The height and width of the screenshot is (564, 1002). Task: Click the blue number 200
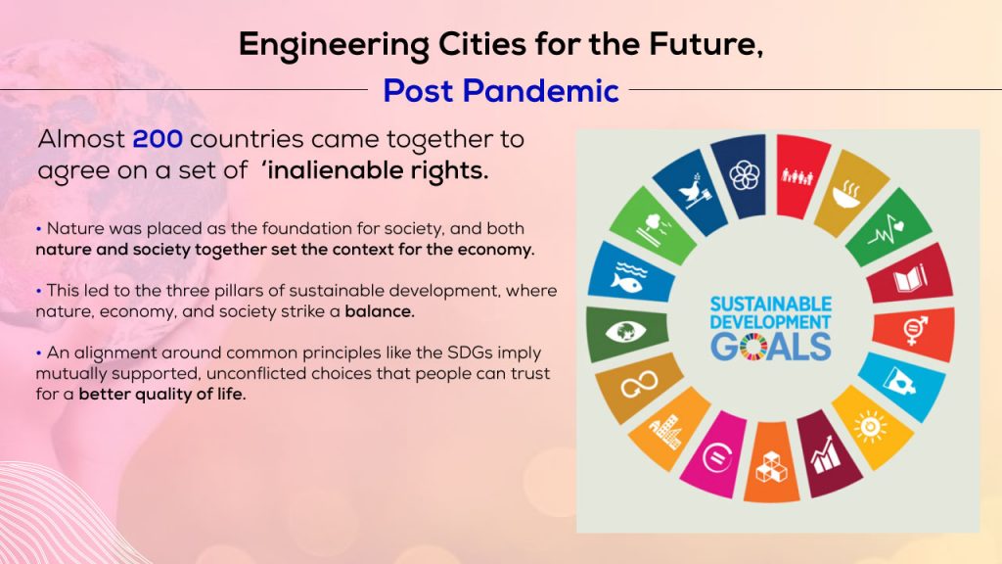[x=158, y=139]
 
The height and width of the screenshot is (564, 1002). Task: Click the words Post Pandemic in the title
[x=501, y=91]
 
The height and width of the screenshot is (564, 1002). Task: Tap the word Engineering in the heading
[x=334, y=45]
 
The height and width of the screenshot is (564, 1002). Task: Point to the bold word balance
[x=380, y=311]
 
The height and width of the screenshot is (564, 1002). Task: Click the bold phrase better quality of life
[x=162, y=394]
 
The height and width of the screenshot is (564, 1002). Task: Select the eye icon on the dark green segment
[x=625, y=332]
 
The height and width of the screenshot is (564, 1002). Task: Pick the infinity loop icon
[x=639, y=383]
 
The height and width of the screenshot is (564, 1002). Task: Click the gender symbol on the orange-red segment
[x=914, y=331]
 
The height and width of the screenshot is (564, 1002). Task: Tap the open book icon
[x=909, y=278]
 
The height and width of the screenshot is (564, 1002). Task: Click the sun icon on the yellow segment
[x=870, y=426]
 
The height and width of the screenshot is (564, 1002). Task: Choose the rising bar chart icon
[x=825, y=455]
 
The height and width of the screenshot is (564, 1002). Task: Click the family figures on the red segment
[x=797, y=176]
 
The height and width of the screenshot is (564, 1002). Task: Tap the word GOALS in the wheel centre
[x=771, y=347]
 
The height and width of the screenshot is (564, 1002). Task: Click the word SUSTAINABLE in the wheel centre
[x=771, y=304]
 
